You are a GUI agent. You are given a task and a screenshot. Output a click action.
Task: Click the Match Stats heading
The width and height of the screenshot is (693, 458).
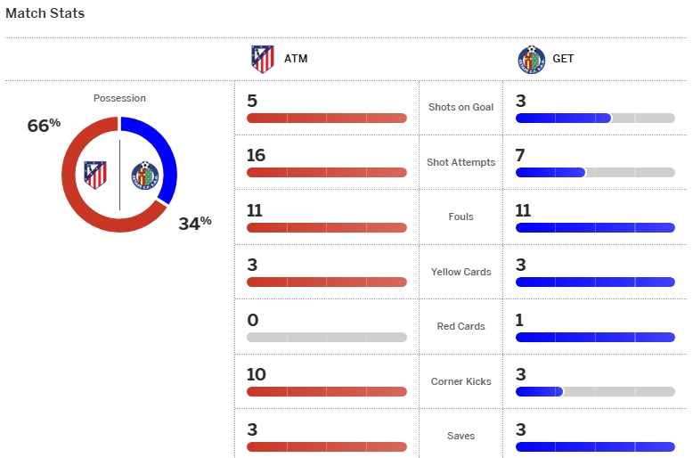(45, 14)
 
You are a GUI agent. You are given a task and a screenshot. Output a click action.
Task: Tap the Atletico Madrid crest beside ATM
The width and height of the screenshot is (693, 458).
(263, 59)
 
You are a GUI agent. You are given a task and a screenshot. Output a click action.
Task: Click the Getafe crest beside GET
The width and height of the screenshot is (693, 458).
(531, 59)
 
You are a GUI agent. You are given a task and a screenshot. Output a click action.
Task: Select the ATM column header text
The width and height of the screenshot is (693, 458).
(296, 60)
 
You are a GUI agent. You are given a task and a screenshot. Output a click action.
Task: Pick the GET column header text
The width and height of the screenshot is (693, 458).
(563, 60)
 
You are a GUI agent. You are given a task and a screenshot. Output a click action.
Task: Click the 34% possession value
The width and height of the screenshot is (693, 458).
(194, 223)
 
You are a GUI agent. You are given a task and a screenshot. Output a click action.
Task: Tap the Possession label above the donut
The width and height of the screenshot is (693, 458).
(119, 98)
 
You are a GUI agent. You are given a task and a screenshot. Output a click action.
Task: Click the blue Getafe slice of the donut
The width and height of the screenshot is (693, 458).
(166, 160)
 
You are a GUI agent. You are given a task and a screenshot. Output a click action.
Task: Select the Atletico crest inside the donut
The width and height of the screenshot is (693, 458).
(95, 174)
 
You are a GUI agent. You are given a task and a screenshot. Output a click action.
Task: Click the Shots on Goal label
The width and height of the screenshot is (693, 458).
(461, 107)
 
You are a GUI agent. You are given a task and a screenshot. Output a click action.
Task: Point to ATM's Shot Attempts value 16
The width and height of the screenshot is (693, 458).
(257, 156)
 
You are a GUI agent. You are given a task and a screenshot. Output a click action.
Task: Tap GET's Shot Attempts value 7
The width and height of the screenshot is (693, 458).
(520, 156)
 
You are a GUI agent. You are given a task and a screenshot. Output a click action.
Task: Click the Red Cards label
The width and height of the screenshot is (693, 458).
(461, 326)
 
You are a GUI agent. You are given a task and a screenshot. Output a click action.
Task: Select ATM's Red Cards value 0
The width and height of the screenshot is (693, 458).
(253, 320)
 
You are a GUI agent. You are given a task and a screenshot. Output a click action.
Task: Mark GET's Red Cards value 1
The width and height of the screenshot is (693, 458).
(520, 320)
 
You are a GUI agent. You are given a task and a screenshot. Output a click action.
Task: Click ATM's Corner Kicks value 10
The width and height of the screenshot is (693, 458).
(257, 375)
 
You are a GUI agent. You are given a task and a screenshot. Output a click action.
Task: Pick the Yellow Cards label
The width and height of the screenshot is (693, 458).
(461, 272)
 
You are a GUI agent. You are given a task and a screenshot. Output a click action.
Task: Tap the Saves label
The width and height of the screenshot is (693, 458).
(461, 436)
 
